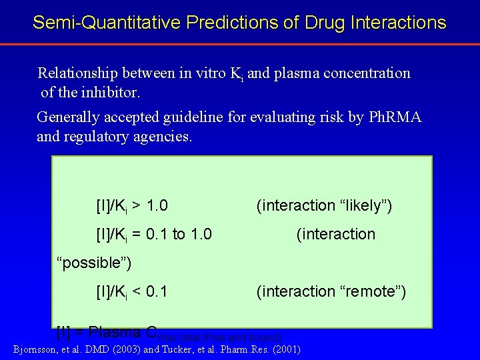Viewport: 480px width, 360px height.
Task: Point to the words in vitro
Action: point(199,73)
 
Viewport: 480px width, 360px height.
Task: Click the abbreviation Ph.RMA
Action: point(393,118)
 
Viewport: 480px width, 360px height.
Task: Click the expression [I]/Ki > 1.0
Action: point(132,206)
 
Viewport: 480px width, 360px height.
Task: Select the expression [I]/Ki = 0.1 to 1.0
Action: point(154,235)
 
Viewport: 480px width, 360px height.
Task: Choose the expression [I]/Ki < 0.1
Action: point(132,292)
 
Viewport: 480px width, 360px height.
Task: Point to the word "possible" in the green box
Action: point(91,263)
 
